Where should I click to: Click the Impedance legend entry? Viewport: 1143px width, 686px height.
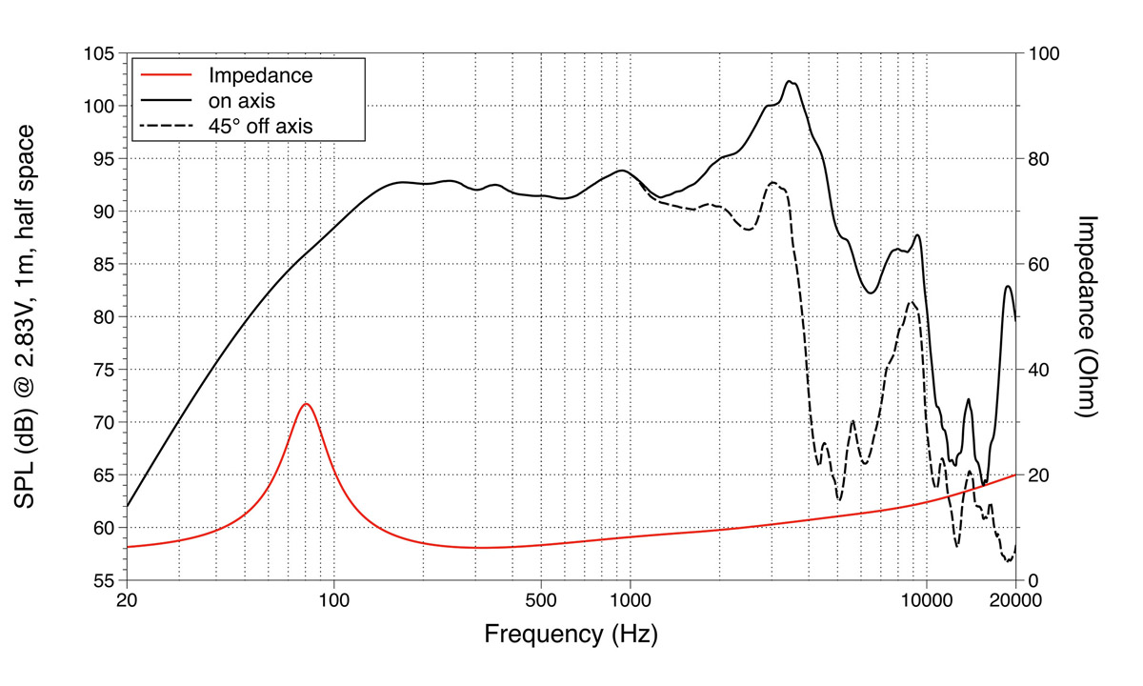click(x=260, y=74)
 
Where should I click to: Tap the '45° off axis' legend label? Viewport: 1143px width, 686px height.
click(x=260, y=124)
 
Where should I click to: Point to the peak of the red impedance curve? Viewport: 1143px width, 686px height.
click(x=306, y=404)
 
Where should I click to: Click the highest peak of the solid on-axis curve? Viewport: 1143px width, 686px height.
click(x=790, y=82)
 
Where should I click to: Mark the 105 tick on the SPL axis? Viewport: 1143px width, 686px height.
click(x=100, y=53)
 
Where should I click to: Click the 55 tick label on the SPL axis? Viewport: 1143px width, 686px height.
click(x=105, y=580)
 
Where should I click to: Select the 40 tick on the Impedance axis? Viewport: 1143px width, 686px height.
click(x=1038, y=370)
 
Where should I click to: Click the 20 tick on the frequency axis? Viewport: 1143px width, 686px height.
click(x=127, y=601)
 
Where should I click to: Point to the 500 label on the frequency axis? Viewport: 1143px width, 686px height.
click(x=541, y=601)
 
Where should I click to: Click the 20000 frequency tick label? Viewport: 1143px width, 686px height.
click(x=1015, y=601)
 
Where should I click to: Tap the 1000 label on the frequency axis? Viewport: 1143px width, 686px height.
click(x=630, y=601)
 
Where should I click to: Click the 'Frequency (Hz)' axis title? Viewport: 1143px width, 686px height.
click(x=571, y=634)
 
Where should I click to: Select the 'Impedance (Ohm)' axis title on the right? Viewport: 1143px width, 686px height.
click(x=1090, y=316)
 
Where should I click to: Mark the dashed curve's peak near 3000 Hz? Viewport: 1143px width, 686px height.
click(x=772, y=183)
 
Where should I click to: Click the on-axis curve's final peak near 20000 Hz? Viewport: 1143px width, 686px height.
click(x=1008, y=286)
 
